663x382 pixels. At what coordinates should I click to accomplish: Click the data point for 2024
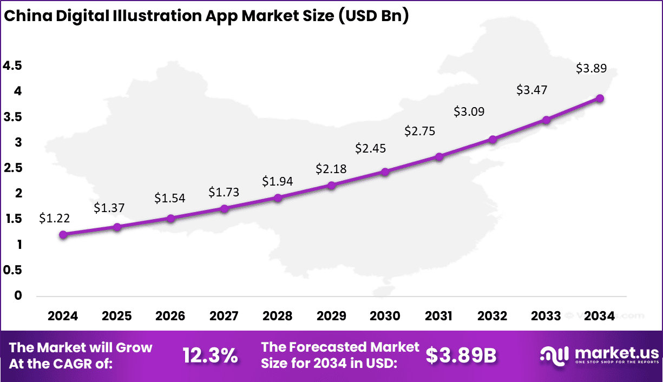pyautogui.click(x=63, y=235)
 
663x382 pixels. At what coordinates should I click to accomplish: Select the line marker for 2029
pyautogui.click(x=332, y=185)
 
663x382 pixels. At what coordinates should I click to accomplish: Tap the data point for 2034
pyautogui.click(x=600, y=98)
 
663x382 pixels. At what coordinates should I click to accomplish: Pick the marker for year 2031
pyautogui.click(x=439, y=157)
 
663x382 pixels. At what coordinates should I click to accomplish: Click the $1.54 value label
pyautogui.click(x=170, y=199)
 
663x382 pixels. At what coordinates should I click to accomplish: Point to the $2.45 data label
pyautogui.click(x=371, y=148)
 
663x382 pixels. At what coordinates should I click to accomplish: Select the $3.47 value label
pyautogui.click(x=531, y=90)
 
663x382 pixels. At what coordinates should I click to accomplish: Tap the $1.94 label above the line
pyautogui.click(x=277, y=181)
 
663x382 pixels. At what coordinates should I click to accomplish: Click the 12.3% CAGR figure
pyautogui.click(x=210, y=355)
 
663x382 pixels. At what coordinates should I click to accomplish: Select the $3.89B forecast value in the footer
pyautogui.click(x=461, y=355)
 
